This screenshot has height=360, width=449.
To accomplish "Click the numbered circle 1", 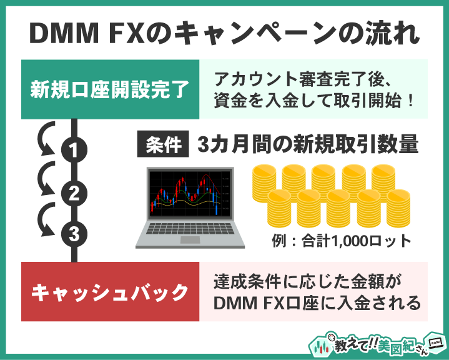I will [x=74, y=150].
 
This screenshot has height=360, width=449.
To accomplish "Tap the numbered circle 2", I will [x=74, y=192].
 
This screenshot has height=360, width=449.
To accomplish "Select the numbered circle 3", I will [x=74, y=235].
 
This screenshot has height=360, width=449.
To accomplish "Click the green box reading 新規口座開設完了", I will [x=110, y=89].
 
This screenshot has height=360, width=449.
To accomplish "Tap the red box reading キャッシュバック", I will [x=110, y=291].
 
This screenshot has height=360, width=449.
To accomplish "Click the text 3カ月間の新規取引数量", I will [x=307, y=145].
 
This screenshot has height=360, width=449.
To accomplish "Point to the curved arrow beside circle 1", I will [x=44, y=141].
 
